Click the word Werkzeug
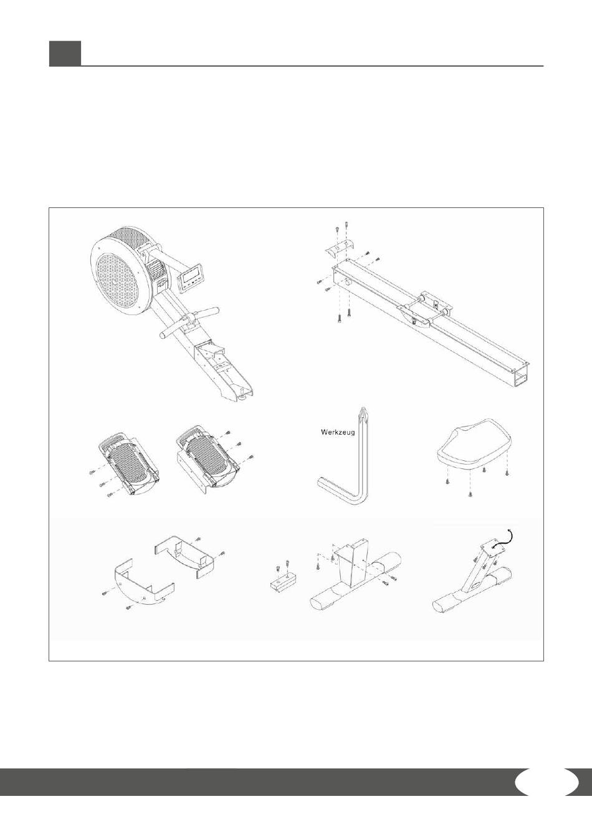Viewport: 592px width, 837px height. pyautogui.click(x=338, y=433)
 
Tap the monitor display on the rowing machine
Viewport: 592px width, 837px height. pyautogui.click(x=192, y=277)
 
